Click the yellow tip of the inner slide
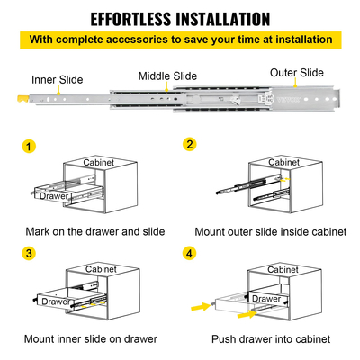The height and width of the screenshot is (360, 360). pos(23,99)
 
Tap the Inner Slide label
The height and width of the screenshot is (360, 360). pos(58,80)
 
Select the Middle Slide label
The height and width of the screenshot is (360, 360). pos(167,76)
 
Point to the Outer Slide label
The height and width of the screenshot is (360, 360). pos(297,73)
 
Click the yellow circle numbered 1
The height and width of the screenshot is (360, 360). pos(29,147)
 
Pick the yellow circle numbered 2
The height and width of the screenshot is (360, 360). pos(190,144)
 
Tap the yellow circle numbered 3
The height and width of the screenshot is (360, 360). pos(29,253)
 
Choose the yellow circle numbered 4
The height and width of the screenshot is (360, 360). pos(189,254)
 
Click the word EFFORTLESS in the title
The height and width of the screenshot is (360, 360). pos(131,19)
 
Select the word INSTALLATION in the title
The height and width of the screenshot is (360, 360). pos(223,19)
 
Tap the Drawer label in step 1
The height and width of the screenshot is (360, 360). pos(54,196)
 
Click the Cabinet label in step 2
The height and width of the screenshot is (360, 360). pos(283,162)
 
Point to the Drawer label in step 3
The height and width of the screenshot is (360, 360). pos(56,301)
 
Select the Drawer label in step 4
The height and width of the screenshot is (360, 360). pos(266,299)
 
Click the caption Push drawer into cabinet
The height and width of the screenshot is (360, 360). pos(271,339)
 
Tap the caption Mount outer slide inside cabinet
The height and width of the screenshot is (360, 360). pos(271,232)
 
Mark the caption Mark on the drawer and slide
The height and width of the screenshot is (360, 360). pos(95,231)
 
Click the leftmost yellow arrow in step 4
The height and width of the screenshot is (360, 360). pos(202,307)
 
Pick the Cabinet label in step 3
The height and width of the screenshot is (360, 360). pos(101,269)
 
